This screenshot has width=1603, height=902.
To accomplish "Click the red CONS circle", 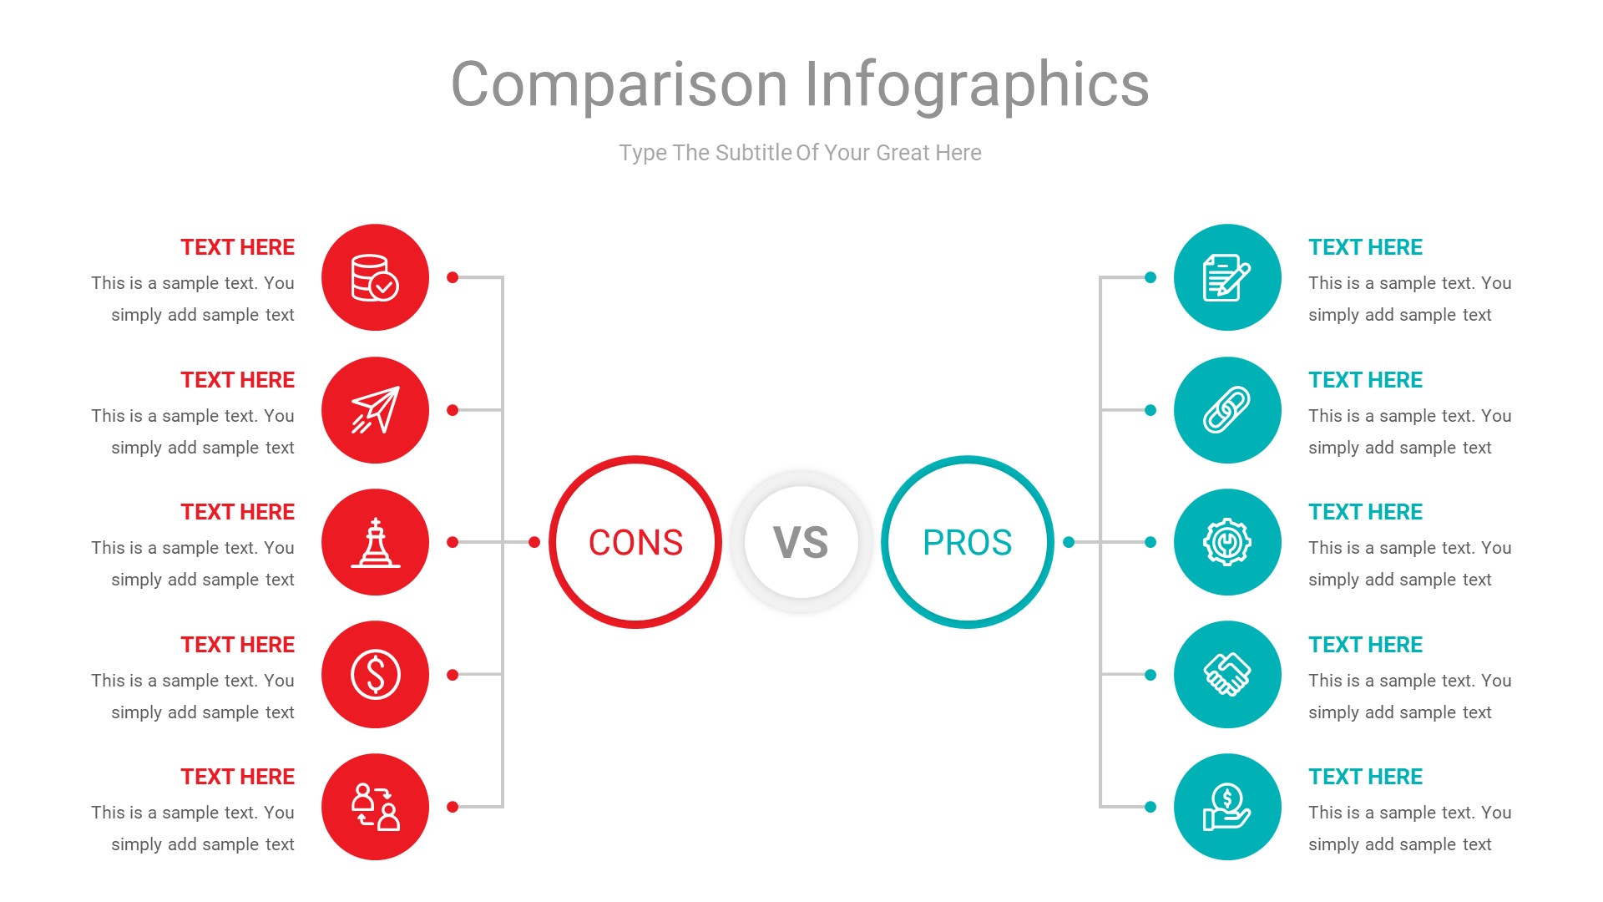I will (635, 542).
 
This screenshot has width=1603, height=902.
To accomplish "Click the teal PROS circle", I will (967, 542).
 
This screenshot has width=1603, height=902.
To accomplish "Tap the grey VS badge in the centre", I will (801, 542).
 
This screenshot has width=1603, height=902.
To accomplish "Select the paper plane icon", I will (375, 410).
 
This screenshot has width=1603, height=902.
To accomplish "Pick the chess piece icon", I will (375, 542).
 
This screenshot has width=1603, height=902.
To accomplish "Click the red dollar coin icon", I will (375, 674).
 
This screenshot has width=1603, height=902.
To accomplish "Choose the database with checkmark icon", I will (375, 277).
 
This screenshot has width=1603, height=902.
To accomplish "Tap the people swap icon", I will (375, 807).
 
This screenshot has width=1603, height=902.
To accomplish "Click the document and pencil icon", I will (1226, 277).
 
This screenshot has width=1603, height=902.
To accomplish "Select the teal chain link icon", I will (1226, 410).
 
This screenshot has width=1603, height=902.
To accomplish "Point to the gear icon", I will (1226, 542).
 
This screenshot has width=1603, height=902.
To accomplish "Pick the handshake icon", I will (1226, 674).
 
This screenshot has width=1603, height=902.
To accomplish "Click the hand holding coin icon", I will (1226, 807).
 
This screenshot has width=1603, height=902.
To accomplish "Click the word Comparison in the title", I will (619, 85).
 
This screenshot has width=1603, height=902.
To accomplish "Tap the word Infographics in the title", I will (976, 85).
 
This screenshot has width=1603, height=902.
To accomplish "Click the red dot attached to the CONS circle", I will (534, 542).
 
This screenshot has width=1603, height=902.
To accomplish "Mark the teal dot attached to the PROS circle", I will (1069, 542).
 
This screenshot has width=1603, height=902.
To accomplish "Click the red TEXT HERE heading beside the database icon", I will (237, 247).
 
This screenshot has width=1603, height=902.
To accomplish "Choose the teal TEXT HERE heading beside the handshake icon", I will (1365, 645).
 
